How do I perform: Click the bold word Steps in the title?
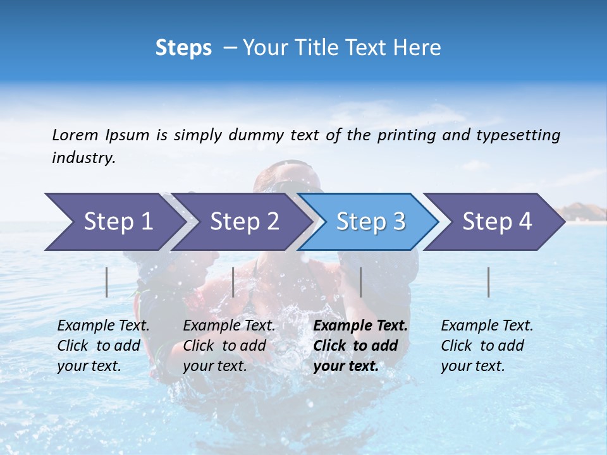coord(183,48)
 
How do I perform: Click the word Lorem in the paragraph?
coord(75,135)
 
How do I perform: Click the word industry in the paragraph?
coord(83,158)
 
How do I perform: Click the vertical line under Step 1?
coord(107,282)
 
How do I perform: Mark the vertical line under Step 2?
coord(233,282)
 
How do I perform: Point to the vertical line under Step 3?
coord(360,282)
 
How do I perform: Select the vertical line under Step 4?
coord(489,282)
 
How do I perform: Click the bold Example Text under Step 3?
coord(360,325)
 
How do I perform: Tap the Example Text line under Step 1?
coord(103,325)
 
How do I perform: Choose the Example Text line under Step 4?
coord(487,325)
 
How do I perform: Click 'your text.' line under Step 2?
coord(215,366)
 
